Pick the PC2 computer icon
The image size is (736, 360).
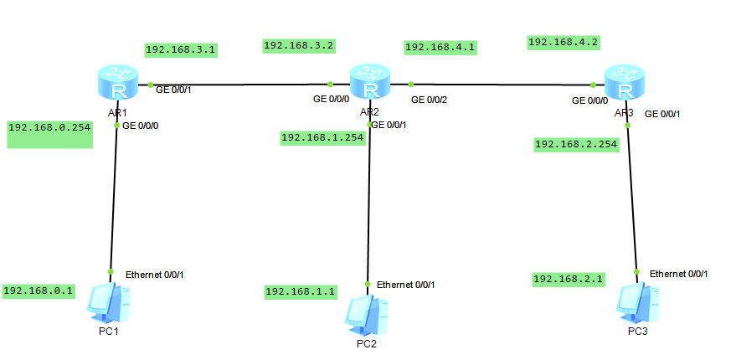tap(367, 313)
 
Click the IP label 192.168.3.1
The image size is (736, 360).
tap(181, 49)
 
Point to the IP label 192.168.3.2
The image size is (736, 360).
tap(299, 45)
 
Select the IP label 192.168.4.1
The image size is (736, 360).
tap(440, 48)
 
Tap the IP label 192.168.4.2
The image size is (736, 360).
tap(564, 41)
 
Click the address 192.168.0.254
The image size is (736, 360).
tap(49, 127)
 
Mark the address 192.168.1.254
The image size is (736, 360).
tap(323, 138)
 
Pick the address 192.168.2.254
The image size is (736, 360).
tap(576, 144)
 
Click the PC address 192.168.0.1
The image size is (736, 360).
tap(39, 291)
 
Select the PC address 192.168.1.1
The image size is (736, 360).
tap(301, 291)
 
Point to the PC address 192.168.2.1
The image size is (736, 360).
tap(569, 279)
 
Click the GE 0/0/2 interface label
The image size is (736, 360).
tap(429, 100)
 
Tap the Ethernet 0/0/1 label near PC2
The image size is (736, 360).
tap(405, 285)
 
